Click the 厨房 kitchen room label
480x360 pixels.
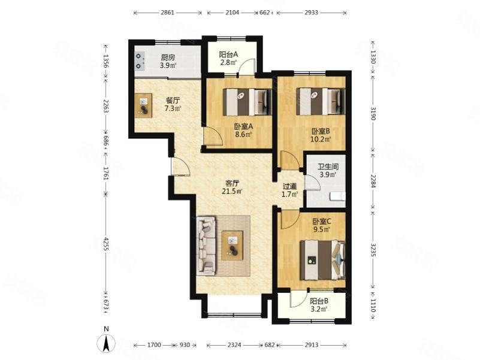click(x=168, y=58)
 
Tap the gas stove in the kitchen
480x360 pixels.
click(x=140, y=61)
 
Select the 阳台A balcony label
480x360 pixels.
click(x=228, y=55)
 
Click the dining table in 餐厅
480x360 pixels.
click(x=143, y=104)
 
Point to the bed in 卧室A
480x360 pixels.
click(x=247, y=102)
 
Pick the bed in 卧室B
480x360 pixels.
click(x=321, y=102)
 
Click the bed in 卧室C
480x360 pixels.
click(x=322, y=260)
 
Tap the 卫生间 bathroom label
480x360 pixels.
click(x=328, y=167)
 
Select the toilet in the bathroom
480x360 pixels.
click(x=337, y=196)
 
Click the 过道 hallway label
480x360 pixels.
click(x=289, y=186)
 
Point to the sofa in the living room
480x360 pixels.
click(x=207, y=246)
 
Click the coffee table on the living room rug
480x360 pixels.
click(x=233, y=246)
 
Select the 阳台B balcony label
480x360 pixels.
click(x=319, y=301)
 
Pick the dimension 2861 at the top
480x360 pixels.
click(x=167, y=13)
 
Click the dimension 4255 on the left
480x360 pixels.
click(x=106, y=244)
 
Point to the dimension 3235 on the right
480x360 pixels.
click(x=373, y=250)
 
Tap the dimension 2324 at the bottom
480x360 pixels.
click(x=234, y=345)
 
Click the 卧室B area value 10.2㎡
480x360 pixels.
click(x=321, y=140)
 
